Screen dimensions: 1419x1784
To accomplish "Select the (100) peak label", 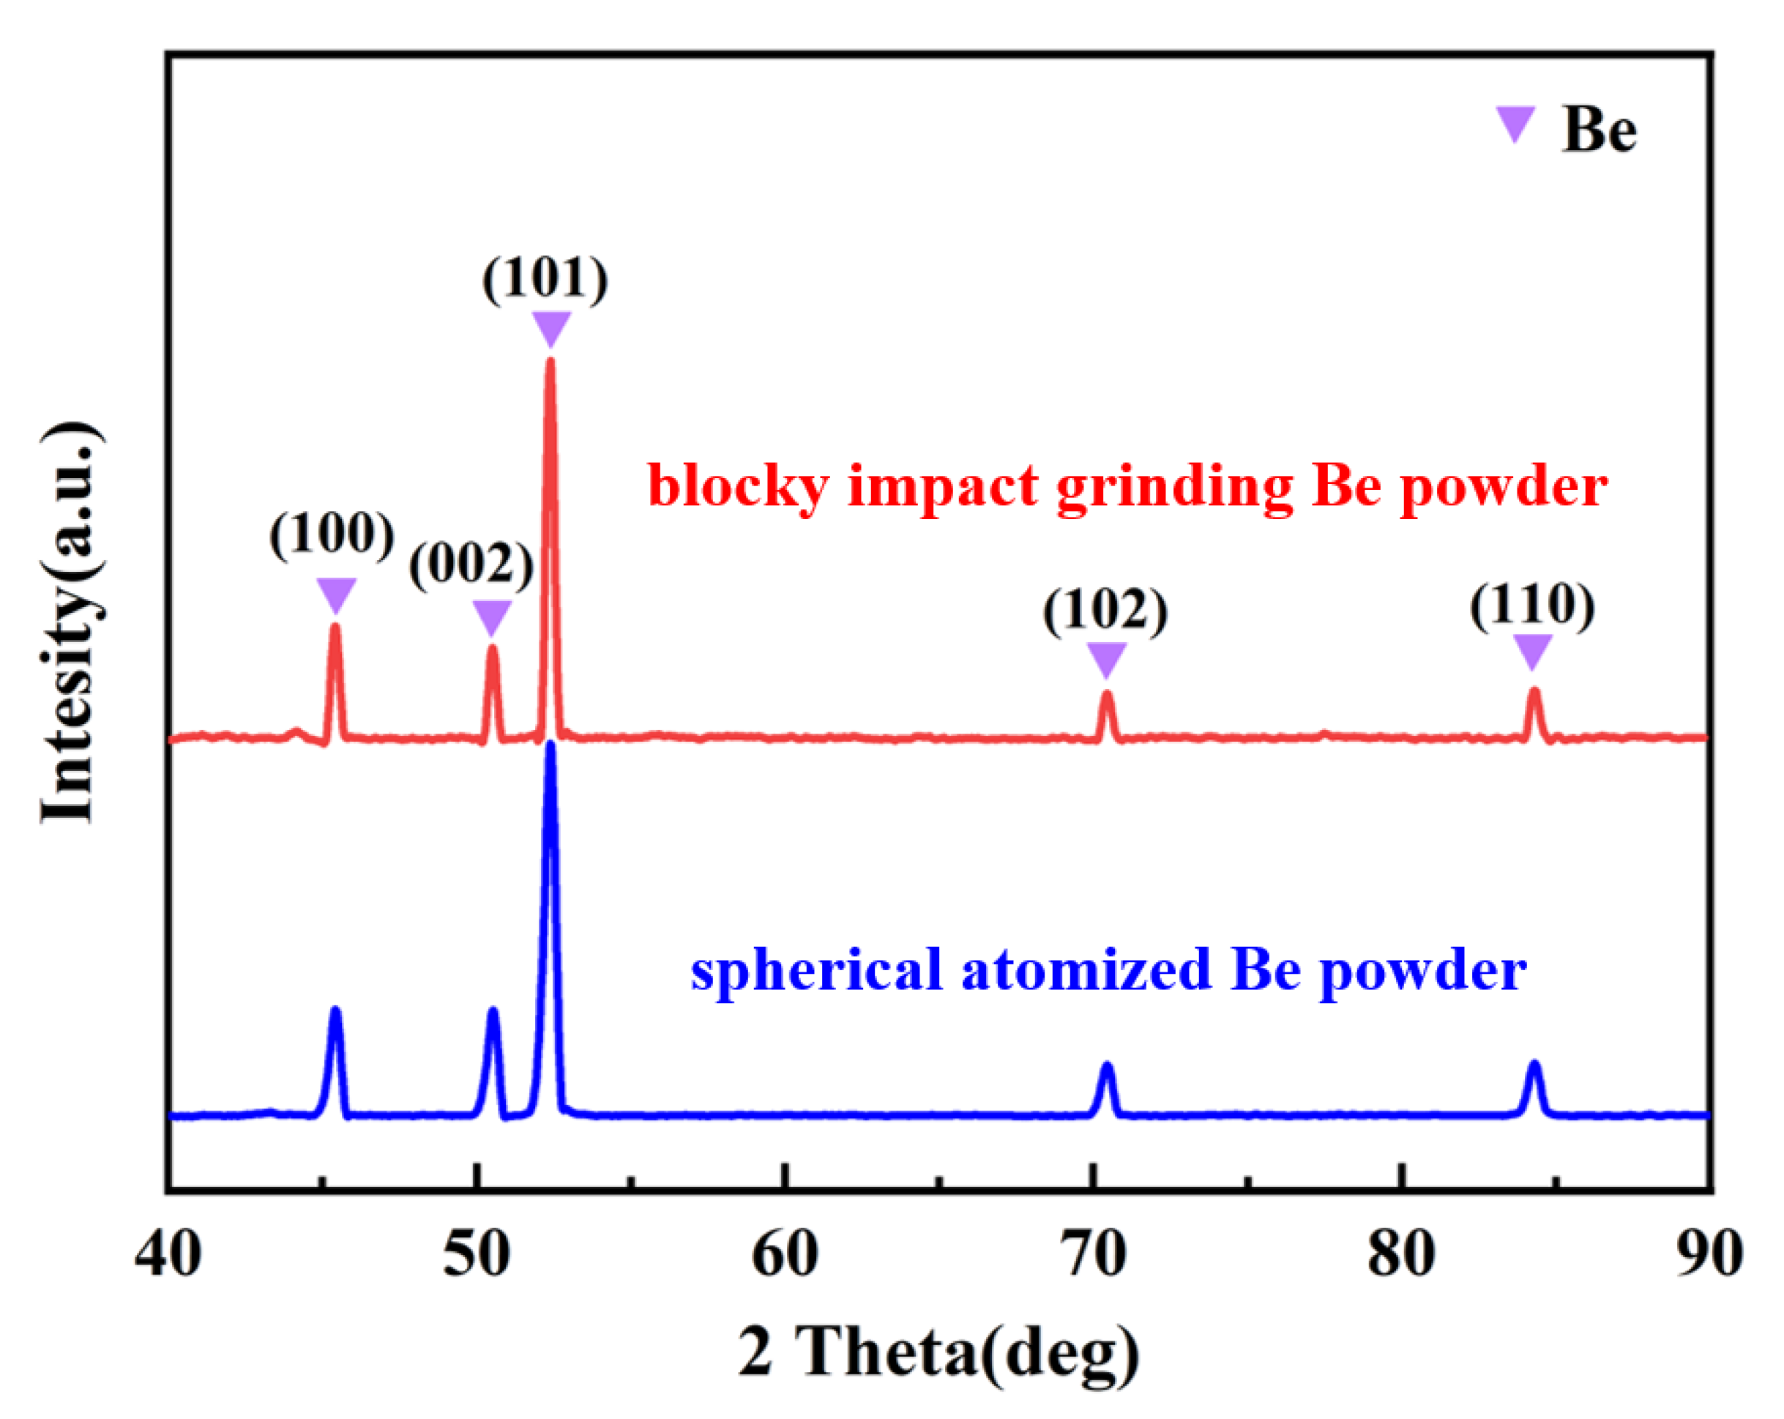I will (x=332, y=535).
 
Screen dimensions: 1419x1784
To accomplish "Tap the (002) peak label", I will (x=471, y=566).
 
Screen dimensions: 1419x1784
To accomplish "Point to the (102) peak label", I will (x=1105, y=611).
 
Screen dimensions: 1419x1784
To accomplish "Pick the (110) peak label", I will (x=1531, y=606).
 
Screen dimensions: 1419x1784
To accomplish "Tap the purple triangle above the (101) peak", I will (x=551, y=327).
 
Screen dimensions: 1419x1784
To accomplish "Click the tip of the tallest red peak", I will (x=550, y=362).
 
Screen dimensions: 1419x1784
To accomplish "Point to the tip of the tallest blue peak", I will (x=550, y=745).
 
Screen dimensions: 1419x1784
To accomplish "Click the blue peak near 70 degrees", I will (x=1106, y=1068).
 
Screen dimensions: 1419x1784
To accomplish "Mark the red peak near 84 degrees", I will (x=1534, y=692).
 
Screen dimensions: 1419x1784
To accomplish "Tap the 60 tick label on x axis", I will (x=785, y=1255).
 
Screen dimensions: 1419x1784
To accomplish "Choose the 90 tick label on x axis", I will (x=1709, y=1255).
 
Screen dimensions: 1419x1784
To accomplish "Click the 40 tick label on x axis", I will (x=168, y=1255).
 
